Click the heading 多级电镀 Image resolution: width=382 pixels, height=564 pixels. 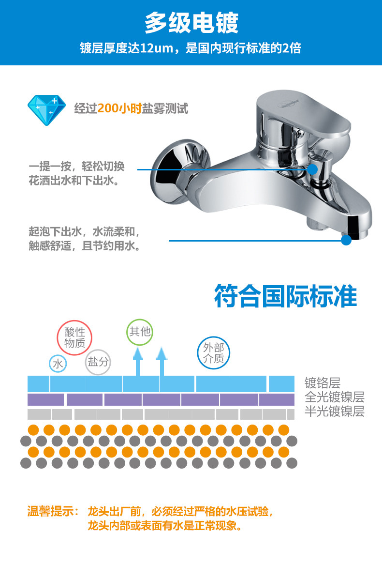point(191,23)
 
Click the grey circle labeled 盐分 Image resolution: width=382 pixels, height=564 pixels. point(98,362)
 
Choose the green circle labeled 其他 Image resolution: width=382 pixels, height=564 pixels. point(140,332)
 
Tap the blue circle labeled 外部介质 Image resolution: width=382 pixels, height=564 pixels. point(214,353)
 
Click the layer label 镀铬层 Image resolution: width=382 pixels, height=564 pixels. point(323,383)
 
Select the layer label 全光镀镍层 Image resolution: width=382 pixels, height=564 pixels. point(334,397)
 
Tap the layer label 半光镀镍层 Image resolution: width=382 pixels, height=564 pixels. point(334,412)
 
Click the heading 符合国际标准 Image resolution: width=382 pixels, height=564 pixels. point(286,296)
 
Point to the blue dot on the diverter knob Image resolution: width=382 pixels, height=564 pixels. point(312,169)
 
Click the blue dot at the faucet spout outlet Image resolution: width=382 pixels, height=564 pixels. point(346,240)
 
